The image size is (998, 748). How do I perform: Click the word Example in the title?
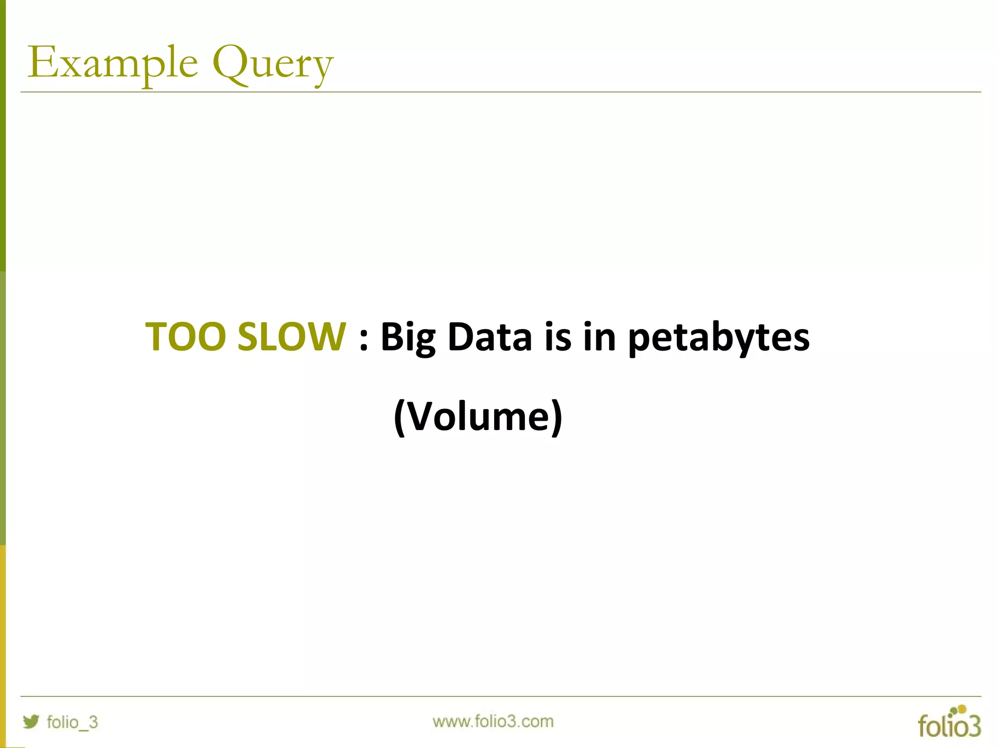[x=113, y=63]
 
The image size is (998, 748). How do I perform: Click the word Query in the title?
[x=273, y=64]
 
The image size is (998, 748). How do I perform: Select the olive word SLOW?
[x=291, y=337]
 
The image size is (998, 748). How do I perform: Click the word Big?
[x=408, y=337]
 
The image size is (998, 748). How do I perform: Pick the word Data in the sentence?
[x=490, y=337]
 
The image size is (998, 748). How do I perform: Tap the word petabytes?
[x=719, y=337]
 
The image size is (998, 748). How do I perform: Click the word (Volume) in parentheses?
[x=478, y=417]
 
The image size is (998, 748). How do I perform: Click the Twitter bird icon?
[x=31, y=721]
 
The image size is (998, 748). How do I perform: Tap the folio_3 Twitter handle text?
[x=72, y=722]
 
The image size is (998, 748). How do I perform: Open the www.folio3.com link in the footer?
[x=493, y=721]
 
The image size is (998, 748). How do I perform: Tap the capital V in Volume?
[x=420, y=416]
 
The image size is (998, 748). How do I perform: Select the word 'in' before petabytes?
[x=599, y=337]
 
